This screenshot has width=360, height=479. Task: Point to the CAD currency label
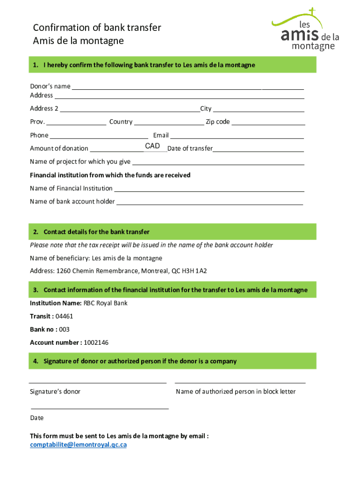click(152, 146)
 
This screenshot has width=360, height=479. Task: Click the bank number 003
click(65, 330)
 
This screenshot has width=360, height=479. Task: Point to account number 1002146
click(96, 343)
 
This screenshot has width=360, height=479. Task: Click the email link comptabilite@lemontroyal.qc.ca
click(78, 445)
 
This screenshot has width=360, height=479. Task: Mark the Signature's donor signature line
click(98, 382)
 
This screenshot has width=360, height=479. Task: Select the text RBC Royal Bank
click(105, 303)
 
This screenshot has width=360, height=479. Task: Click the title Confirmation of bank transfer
click(97, 28)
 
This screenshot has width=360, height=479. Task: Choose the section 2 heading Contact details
click(96, 232)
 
